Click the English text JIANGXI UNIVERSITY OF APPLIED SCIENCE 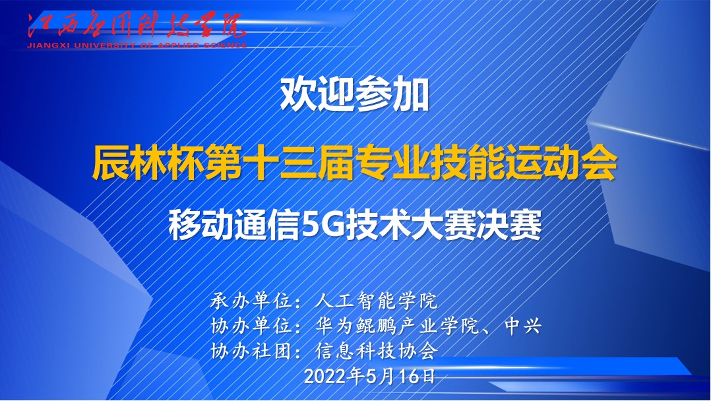click(x=137, y=46)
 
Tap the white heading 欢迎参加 click(x=355, y=95)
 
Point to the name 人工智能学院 click(x=376, y=301)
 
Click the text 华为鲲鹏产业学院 click(x=397, y=326)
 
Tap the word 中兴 click(x=523, y=326)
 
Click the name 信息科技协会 click(x=376, y=351)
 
